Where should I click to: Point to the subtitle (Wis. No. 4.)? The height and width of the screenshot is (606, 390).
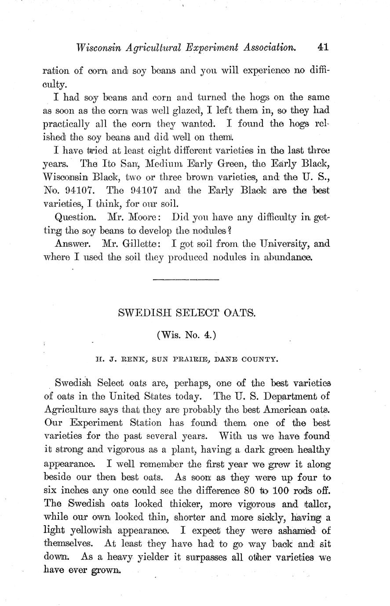point(186,335)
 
